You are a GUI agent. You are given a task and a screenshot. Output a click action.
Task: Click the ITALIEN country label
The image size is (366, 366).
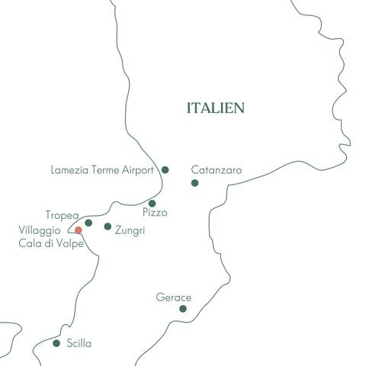tap(216, 108)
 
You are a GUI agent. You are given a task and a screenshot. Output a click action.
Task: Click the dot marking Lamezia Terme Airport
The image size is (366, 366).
tap(165, 170)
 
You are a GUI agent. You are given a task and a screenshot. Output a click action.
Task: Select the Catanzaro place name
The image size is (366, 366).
tap(216, 170)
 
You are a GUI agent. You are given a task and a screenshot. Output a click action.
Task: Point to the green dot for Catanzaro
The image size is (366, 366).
tap(194, 183)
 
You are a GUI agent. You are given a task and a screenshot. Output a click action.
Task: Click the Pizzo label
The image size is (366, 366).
tap(155, 213)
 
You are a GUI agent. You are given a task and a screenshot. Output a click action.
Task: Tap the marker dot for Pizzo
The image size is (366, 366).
tap(152, 203)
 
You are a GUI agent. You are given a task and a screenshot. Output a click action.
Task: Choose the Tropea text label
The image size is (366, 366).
tap(62, 215)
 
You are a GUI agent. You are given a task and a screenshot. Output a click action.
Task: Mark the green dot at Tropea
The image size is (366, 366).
tap(88, 223)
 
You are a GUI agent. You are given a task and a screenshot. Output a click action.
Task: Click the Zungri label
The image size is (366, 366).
tap(130, 229)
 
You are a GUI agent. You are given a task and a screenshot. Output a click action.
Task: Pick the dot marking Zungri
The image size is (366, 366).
tap(108, 226)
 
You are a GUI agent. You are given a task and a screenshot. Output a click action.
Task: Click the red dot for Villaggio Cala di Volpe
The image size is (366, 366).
tap(78, 230)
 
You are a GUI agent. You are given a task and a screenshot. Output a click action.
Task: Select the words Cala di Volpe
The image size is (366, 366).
tap(51, 242)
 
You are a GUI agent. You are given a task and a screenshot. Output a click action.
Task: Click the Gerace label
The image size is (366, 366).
tap(173, 297)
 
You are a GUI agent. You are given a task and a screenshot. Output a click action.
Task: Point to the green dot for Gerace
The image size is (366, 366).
tap(183, 309)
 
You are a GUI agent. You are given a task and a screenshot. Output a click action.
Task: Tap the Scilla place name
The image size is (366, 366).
tap(79, 344)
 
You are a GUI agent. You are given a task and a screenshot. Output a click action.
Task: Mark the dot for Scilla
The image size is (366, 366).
tap(56, 343)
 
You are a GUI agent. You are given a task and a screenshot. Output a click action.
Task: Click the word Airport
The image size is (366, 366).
tap(140, 170)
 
